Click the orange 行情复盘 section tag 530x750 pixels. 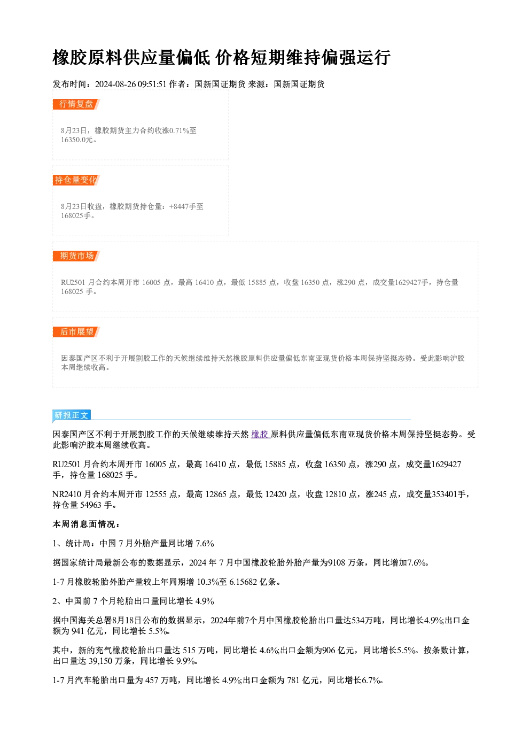76,104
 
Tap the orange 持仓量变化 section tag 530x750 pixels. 76,180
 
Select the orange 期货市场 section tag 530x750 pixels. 76,256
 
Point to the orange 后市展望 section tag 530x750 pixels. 76,332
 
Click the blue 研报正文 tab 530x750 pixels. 72,415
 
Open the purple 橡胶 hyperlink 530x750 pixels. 260,434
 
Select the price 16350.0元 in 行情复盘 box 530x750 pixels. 76,140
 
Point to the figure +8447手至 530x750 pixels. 186,206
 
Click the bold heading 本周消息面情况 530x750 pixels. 84,524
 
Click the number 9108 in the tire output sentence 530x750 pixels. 336,562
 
